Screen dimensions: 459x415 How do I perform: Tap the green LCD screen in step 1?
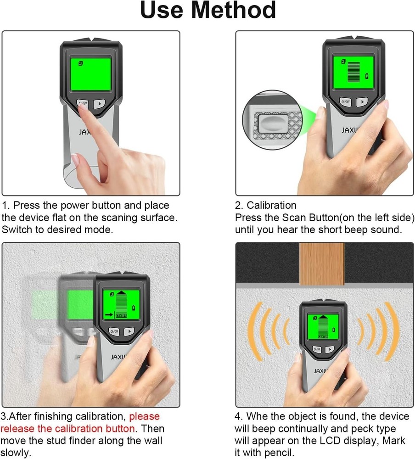click(x=90, y=73)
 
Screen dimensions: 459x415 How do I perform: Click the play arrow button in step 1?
click(x=99, y=104)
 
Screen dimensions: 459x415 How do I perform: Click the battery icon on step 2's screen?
click(x=366, y=75)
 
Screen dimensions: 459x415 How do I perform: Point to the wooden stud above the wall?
click(x=321, y=264)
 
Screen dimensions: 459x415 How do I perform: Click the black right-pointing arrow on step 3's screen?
click(x=108, y=314)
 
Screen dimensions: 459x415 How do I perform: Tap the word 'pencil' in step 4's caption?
click(x=280, y=453)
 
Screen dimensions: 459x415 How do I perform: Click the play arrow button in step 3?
click(x=130, y=331)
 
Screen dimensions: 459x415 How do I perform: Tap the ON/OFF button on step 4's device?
click(x=317, y=349)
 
